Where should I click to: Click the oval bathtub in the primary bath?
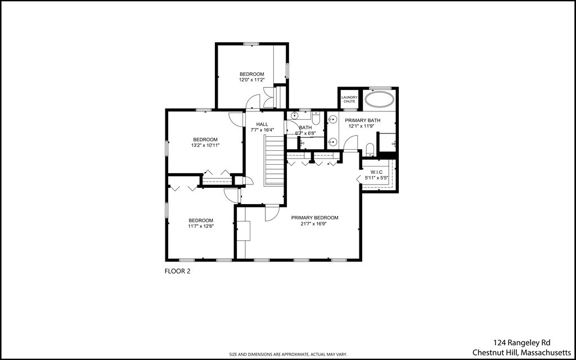pos(380,101)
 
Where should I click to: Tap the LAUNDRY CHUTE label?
pos(349,100)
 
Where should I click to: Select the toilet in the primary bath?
pos(370,150)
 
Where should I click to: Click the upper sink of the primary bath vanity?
pos(332,119)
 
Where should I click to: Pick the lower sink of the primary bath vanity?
pos(332,141)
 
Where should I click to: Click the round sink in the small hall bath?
pos(294,115)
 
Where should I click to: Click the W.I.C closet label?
pos(376,172)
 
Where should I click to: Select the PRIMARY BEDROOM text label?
pos(314,218)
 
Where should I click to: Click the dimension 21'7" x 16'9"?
pos(314,224)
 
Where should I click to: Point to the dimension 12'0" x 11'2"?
pos(251,80)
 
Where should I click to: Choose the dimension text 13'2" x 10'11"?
pos(205,145)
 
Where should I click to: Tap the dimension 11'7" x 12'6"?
pos(201,226)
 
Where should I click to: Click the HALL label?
pos(262,124)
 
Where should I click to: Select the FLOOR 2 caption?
pos(178,271)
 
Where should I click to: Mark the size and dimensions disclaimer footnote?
pos(288,354)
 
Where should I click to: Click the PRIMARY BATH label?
pos(362,120)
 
